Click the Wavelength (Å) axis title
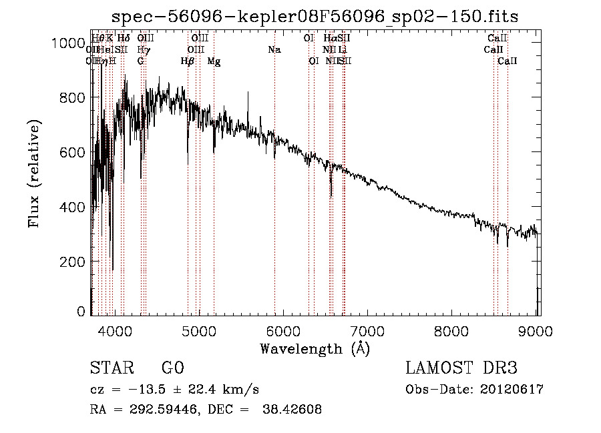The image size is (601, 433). pos(315,348)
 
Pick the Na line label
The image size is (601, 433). pos(274,49)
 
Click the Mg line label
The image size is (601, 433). pos(214,61)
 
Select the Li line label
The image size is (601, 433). pos(342,49)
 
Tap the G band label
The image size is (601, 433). pos(140,61)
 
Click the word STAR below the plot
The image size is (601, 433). pos(108,368)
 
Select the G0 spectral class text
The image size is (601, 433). pos(172,368)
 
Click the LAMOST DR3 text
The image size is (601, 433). pos(461,368)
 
